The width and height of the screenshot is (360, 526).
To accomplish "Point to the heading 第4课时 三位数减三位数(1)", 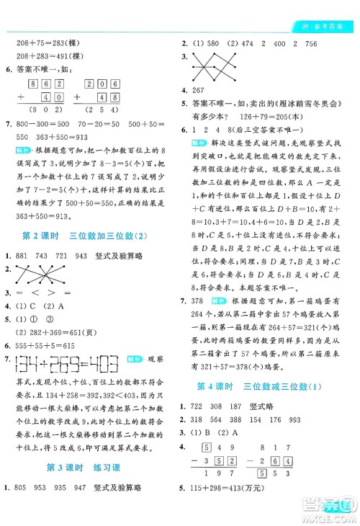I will tap(269, 386).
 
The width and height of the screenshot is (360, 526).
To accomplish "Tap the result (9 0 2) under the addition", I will tap(40, 110).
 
